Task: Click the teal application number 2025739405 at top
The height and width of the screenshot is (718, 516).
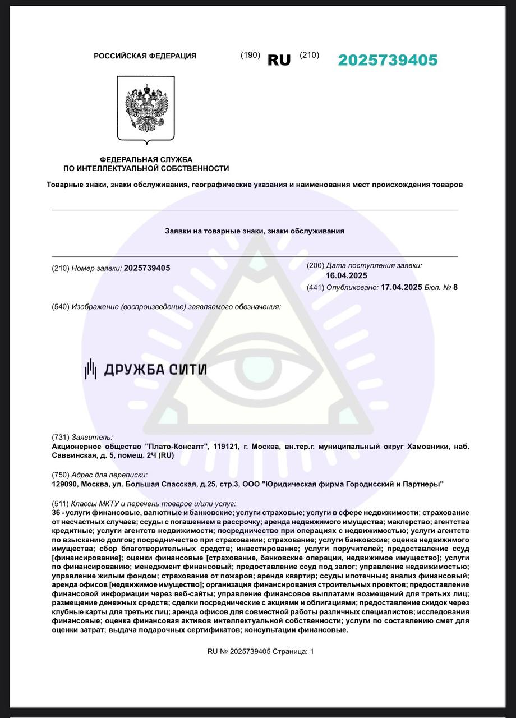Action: (388, 60)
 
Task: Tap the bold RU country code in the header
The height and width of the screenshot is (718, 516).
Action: (279, 60)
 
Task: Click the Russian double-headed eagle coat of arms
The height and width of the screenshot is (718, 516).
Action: (146, 109)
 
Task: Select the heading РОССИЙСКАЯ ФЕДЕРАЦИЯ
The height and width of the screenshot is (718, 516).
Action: (145, 56)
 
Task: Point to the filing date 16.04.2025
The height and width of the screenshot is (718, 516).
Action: (346, 275)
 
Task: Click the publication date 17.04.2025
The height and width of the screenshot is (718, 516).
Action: (401, 287)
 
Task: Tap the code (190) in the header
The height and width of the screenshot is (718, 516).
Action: (250, 55)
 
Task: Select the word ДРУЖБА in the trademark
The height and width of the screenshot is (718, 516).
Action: (134, 369)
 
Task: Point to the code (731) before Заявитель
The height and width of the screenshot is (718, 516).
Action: (60, 437)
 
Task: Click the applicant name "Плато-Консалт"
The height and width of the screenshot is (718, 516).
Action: (177, 446)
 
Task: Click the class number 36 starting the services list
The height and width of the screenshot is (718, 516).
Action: (56, 513)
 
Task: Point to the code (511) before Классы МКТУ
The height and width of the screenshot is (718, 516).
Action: (60, 504)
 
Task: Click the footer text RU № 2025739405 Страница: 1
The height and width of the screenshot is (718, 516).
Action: (261, 651)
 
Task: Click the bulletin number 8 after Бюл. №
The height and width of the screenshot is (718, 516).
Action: (455, 287)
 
